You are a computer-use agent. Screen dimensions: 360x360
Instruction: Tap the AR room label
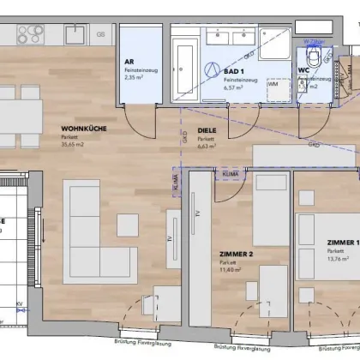pos(129,63)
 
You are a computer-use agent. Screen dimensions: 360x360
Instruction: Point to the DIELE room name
pos(206,131)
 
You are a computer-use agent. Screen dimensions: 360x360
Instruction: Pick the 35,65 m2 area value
pos(79,145)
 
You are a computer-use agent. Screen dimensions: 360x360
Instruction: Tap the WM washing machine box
pos(273,84)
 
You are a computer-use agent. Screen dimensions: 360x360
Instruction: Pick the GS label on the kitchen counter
pos(101,35)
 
